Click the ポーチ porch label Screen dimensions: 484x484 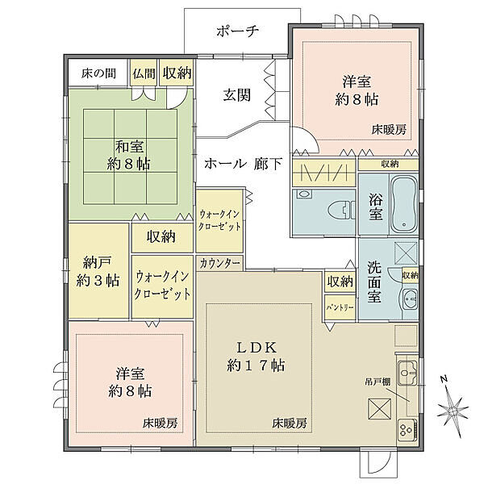pyautogui.click(x=236, y=31)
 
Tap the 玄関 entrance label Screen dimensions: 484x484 pyautogui.click(x=236, y=94)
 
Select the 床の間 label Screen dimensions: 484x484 pyautogui.click(x=98, y=73)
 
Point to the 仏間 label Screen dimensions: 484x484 pyautogui.click(x=145, y=73)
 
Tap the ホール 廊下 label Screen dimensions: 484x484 pyautogui.click(x=243, y=164)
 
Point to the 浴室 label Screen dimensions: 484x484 pyautogui.click(x=376, y=207)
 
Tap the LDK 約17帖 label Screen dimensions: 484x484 pyautogui.click(x=257, y=356)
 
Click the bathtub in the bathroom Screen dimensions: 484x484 pyautogui.click(x=402, y=203)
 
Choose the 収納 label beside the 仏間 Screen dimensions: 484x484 pyautogui.click(x=177, y=73)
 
